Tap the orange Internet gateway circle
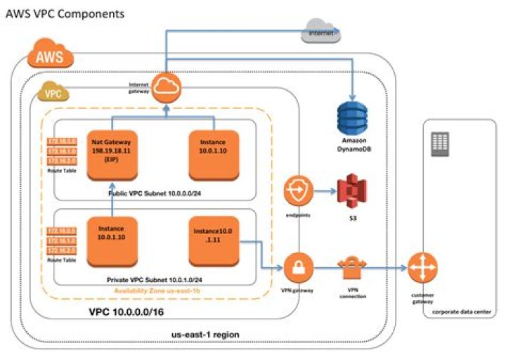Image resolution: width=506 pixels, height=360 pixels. click(167, 86)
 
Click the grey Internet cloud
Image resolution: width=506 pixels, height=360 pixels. click(320, 31)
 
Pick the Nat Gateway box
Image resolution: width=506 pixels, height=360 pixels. click(112, 154)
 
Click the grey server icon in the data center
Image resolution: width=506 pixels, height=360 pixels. click(439, 145)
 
